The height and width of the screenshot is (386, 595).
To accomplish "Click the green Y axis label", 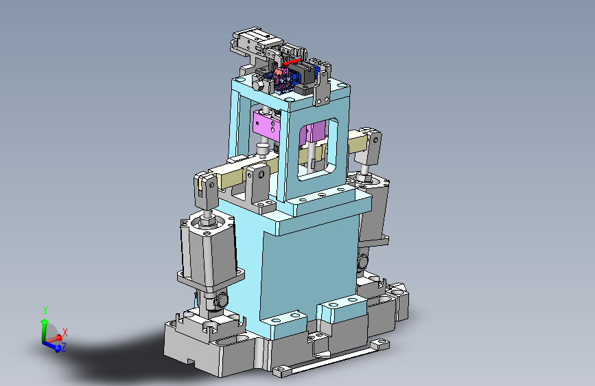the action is coord(45,310).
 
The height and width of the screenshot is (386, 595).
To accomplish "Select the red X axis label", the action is coord(65,332).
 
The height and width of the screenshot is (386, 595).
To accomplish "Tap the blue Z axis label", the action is coord(63,347).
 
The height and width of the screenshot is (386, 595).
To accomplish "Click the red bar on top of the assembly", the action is coord(292,63).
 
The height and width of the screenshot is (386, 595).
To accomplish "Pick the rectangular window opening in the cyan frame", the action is coord(318,149).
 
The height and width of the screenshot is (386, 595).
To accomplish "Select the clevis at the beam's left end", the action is coord(207,190).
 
